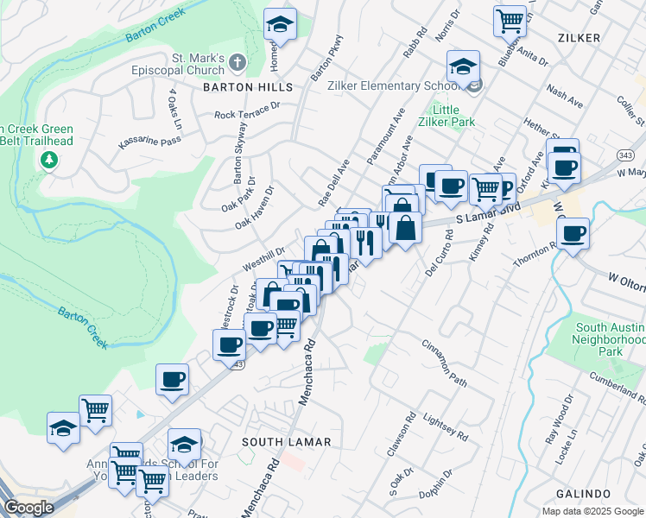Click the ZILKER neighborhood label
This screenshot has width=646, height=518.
pyautogui.click(x=579, y=38)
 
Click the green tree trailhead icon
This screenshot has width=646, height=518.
pyautogui.click(x=49, y=159)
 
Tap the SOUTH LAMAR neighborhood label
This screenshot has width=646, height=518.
pyautogui.click(x=286, y=442)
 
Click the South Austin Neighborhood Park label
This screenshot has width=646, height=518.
pyautogui.click(x=610, y=340)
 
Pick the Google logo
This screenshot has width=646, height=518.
pyautogui.click(x=28, y=508)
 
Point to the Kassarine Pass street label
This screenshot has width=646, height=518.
pyautogui.click(x=149, y=140)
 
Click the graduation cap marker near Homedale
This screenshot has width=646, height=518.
pyautogui.click(x=280, y=24)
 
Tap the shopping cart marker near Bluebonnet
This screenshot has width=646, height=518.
pyautogui.click(x=510, y=19)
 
